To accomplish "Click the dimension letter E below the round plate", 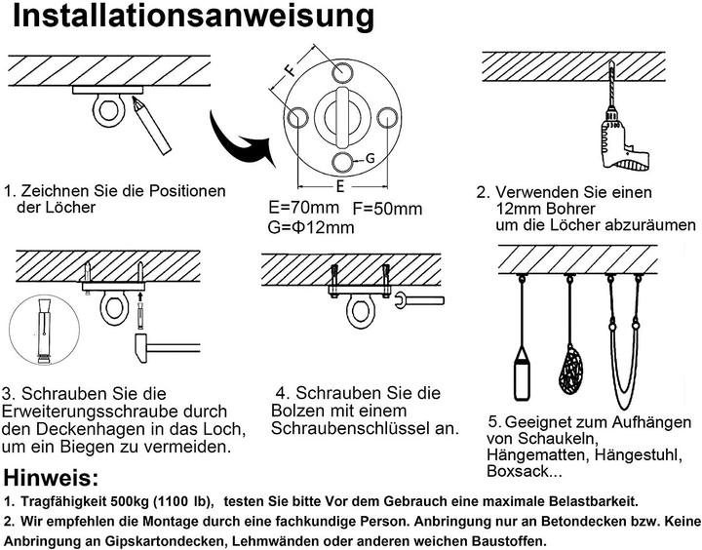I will pyautogui.click(x=338, y=184).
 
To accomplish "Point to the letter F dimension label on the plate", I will pyautogui.click(x=290, y=70).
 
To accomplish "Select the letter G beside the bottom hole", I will pyautogui.click(x=371, y=158).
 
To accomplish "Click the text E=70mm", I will pyautogui.click(x=303, y=208).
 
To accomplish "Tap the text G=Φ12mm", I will pyautogui.click(x=310, y=227).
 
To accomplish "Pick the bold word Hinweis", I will pyautogui.click(x=51, y=479).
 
